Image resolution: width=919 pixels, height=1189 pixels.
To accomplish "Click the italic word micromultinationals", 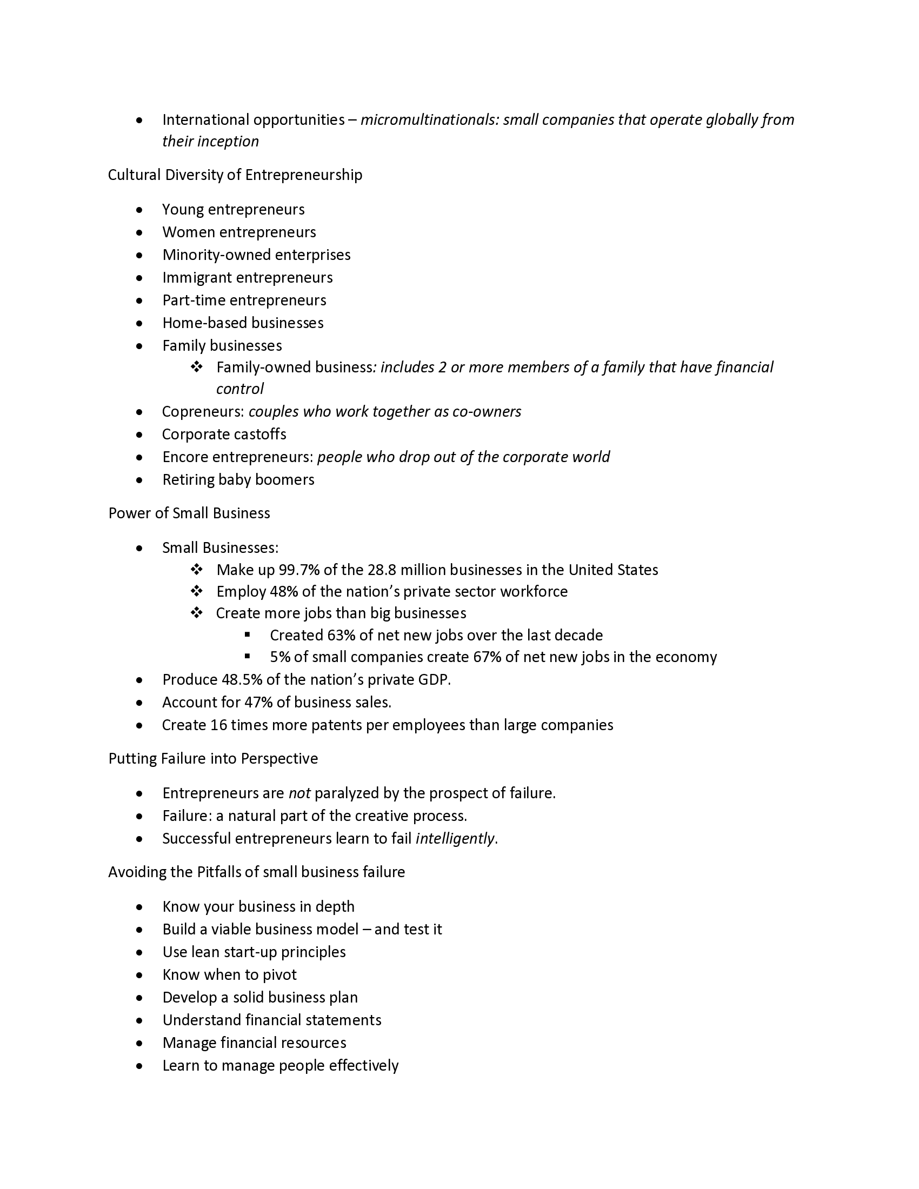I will [x=428, y=120].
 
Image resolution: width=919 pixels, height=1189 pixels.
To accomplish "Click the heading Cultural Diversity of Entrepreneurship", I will [x=235, y=175].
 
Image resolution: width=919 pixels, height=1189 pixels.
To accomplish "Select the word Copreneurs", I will [x=203, y=412].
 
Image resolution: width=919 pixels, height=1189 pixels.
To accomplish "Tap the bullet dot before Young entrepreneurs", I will [x=140, y=210].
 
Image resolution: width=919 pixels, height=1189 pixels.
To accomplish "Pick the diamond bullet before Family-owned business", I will [x=197, y=368].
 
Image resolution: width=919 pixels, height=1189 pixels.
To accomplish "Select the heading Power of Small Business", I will [x=189, y=513].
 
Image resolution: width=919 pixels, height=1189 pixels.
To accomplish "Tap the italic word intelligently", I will [x=455, y=838].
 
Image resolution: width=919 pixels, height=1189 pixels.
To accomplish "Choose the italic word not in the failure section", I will [x=299, y=793].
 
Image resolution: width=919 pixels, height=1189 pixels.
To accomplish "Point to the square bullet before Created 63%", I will [x=248, y=635].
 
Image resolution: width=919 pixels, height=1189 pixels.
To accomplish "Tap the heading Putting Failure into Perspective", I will [x=213, y=759].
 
